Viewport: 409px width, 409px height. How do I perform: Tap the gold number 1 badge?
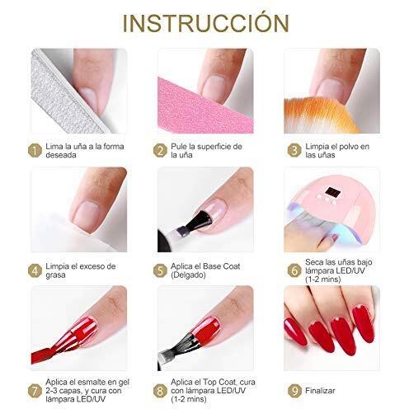click(35, 151)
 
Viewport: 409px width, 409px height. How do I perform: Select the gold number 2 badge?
click(160, 151)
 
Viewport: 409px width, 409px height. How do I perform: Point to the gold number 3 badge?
click(294, 151)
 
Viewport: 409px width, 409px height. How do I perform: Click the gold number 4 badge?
click(35, 270)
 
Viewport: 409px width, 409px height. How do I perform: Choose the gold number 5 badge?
click(160, 270)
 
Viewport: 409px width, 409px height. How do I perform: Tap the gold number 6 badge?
click(294, 270)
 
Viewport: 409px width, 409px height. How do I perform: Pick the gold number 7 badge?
click(35, 391)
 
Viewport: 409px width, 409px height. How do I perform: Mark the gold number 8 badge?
click(160, 391)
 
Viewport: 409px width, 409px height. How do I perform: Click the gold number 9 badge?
click(294, 391)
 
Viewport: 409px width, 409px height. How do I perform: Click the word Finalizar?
click(320, 391)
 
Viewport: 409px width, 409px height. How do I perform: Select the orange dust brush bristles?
click(319, 115)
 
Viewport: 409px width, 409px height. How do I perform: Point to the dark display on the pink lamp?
click(331, 191)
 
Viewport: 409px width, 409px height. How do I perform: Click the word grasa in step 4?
click(55, 275)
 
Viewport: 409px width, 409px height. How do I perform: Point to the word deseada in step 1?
click(61, 155)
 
